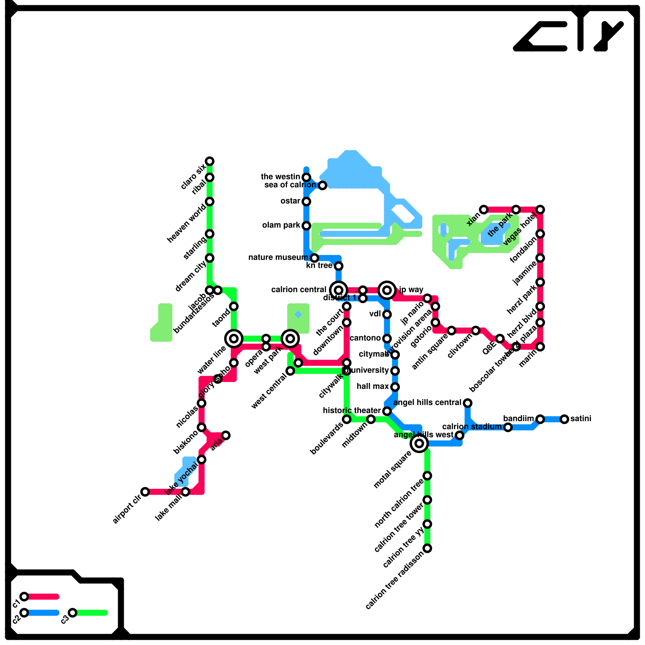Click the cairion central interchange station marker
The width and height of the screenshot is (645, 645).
pyautogui.click(x=339, y=290)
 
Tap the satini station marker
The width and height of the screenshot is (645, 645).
pyautogui.click(x=564, y=419)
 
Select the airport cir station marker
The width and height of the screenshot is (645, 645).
pyautogui.click(x=145, y=492)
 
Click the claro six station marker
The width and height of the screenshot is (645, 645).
pyautogui.click(x=210, y=161)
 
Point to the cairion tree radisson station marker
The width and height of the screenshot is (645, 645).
pyautogui.click(x=427, y=548)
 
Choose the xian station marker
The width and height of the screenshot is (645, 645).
pyautogui.click(x=484, y=210)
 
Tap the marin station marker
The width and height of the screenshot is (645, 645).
pyautogui.click(x=540, y=347)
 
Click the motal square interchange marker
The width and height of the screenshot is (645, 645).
pyautogui.click(x=419, y=443)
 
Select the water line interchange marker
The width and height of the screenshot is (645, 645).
pyautogui.click(x=234, y=339)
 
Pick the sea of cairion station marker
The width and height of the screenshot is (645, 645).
pyautogui.click(x=322, y=185)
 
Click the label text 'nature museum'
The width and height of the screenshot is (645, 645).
pyautogui.click(x=278, y=258)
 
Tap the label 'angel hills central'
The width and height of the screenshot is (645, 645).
pyautogui.click(x=427, y=403)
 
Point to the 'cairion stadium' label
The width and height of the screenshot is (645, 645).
pyautogui.click(x=472, y=427)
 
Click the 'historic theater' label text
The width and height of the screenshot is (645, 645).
pyautogui.click(x=352, y=411)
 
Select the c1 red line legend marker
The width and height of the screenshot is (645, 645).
pyautogui.click(x=24, y=597)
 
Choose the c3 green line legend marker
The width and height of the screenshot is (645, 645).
pyautogui.click(x=73, y=613)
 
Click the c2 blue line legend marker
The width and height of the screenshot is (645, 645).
pyautogui.click(x=24, y=613)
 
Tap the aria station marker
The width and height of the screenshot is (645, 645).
pyautogui.click(x=226, y=435)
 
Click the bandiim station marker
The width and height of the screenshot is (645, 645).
pyautogui.click(x=540, y=419)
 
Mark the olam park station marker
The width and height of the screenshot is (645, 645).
pyautogui.click(x=306, y=226)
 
